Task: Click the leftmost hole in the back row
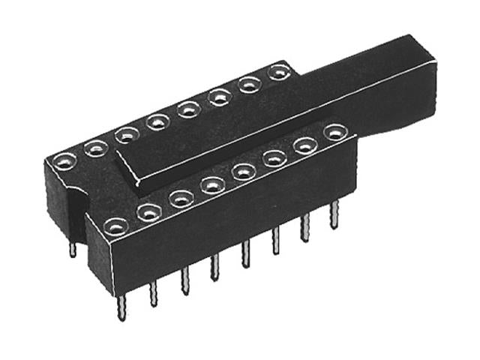coord(66,161)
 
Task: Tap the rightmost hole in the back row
coord(279,73)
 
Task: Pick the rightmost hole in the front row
coord(334,133)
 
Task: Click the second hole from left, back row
coord(97,148)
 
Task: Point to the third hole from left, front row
coord(181,199)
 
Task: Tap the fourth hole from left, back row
coord(157,121)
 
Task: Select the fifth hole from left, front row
coord(243,172)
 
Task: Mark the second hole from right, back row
coord(250,85)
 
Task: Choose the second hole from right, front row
coord(304,145)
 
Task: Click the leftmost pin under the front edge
coord(121,307)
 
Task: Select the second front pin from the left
coord(153,293)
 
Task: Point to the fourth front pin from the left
coord(214,267)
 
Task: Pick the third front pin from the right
coord(275,241)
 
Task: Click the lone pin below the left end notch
coord(72,248)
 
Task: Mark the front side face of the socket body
coord(225,225)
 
